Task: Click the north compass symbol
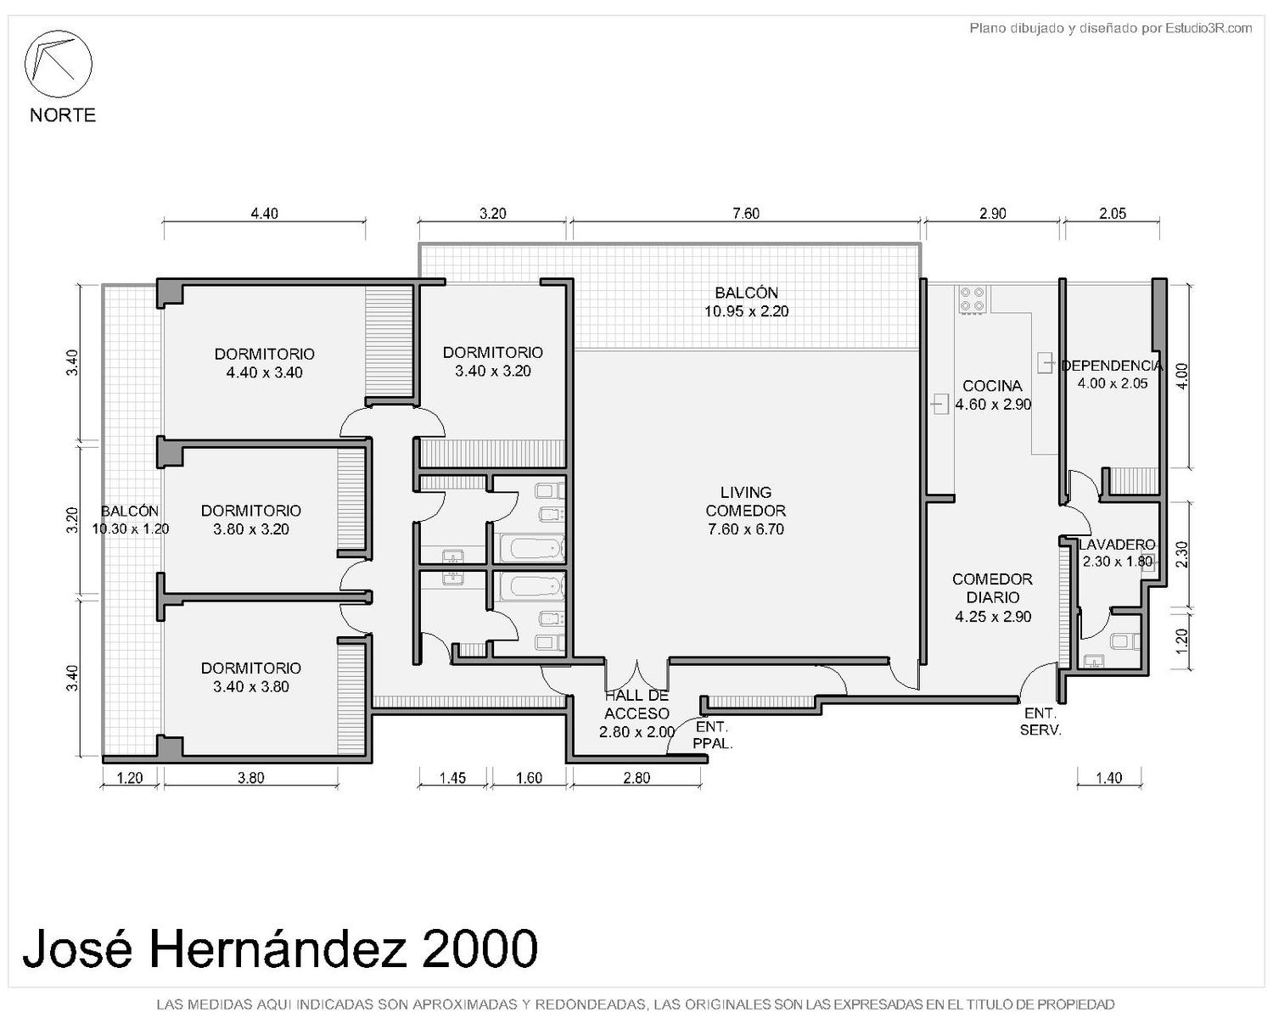point(58,64)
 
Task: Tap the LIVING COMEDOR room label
point(745,511)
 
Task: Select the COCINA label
point(992,386)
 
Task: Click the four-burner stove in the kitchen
point(973,299)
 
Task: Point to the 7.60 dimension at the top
point(745,214)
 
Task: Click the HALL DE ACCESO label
point(636,704)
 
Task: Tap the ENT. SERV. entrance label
point(1040,722)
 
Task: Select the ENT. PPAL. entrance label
point(712,736)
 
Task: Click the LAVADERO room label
point(1117,545)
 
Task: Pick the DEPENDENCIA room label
point(1112,366)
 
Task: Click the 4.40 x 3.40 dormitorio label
point(264,363)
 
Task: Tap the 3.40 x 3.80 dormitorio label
point(251,677)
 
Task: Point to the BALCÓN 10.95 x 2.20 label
point(746,302)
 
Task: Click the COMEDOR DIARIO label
point(993,597)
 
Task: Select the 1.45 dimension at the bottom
point(452,778)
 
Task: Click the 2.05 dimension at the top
point(1112,214)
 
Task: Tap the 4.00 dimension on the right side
point(1180,376)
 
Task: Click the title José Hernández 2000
point(280,949)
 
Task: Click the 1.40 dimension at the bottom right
point(1108,778)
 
